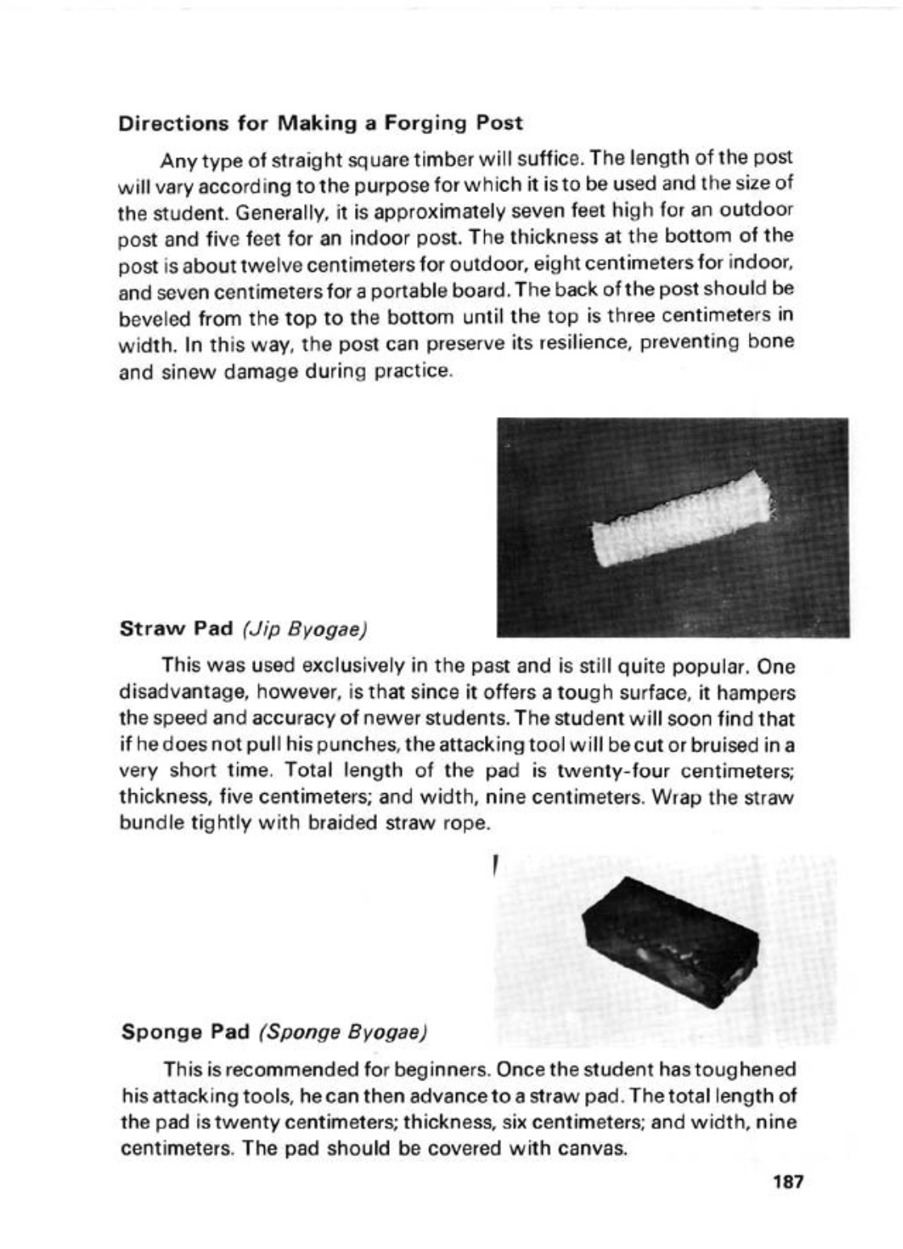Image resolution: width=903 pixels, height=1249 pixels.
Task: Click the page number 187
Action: (787, 1183)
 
